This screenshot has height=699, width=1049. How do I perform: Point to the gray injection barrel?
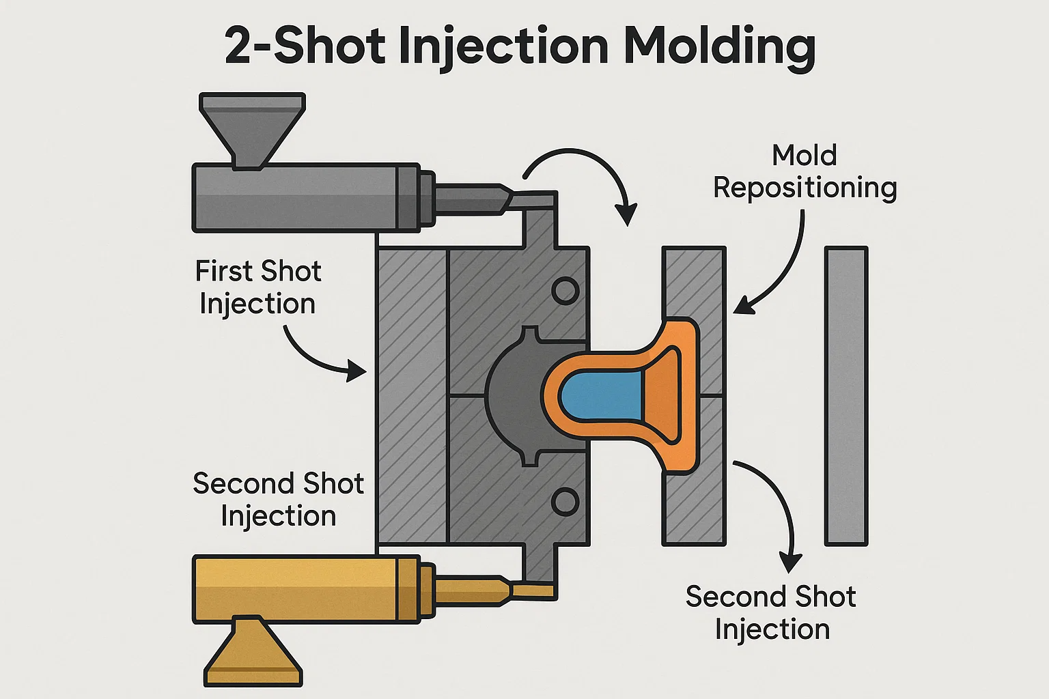305,197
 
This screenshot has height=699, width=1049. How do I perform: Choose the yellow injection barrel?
305,588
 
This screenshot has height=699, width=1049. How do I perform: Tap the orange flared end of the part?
669,396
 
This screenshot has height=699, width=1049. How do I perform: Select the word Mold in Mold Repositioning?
804,156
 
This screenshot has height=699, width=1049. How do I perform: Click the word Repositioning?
805,188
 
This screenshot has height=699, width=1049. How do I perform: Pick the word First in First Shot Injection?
224,271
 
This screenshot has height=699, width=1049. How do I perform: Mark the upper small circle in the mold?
565,291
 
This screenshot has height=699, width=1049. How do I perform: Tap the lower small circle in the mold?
565,502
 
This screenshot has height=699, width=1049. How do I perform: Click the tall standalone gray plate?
846,396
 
